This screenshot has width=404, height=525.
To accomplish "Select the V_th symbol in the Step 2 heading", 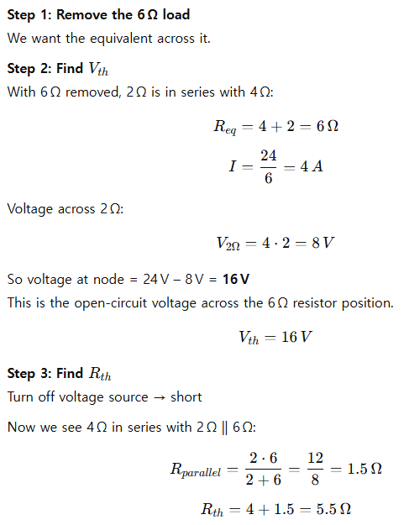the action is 98,69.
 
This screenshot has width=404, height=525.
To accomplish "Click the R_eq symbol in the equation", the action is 225,127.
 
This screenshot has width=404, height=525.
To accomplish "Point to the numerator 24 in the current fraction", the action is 269,155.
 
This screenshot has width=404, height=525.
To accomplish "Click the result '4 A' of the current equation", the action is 312,166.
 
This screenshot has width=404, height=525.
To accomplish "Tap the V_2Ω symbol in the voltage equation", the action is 228,244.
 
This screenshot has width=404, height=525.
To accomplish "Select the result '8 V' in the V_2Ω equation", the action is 323,243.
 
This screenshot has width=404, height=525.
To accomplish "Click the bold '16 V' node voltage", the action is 236,279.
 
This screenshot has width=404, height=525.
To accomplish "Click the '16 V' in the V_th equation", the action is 296,337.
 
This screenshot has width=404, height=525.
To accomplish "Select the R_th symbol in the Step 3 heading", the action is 100,374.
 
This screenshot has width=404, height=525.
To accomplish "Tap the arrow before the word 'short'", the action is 159,398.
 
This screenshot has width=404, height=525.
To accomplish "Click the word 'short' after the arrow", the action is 186,397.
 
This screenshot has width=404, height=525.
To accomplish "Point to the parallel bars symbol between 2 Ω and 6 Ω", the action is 224,428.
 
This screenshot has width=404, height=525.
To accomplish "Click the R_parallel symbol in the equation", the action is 196,470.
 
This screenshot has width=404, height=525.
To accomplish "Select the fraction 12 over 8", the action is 315,469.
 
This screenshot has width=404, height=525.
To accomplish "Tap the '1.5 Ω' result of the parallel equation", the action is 365,469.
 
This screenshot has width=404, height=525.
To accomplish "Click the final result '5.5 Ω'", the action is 333,509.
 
